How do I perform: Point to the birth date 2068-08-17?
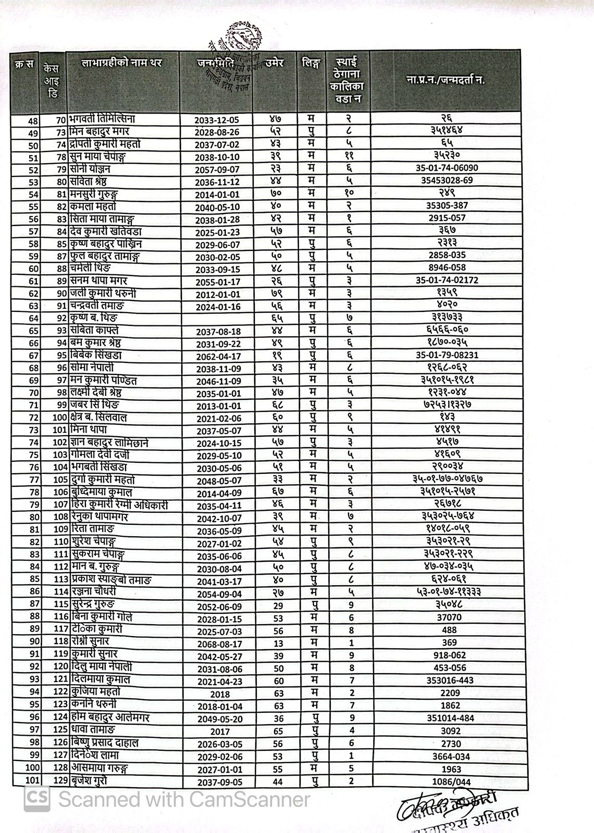pos(218,644)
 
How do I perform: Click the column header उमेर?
pos(275,64)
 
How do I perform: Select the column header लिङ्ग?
pos(311,64)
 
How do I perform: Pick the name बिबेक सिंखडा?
pos(96,356)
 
